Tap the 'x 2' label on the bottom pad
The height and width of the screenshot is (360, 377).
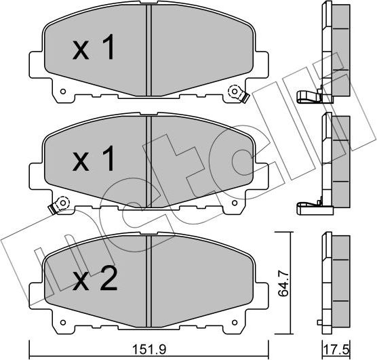coord(95,278)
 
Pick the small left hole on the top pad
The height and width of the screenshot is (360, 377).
coord(63,92)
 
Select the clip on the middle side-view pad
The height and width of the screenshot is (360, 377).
coord(309,205)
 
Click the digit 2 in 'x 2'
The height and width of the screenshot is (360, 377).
coord(109,278)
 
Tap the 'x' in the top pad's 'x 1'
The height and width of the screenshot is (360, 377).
coord(81,51)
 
